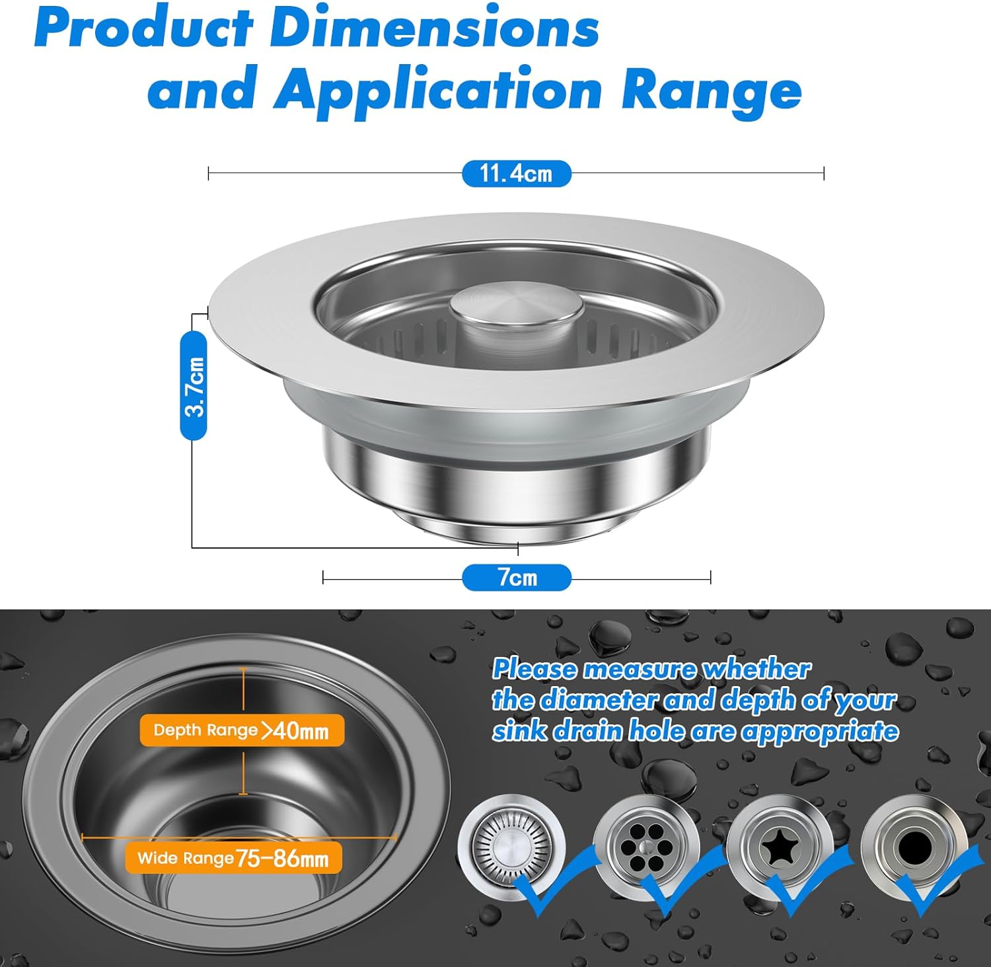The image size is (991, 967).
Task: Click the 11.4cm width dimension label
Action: point(516,173)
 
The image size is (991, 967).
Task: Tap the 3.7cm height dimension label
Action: point(194,385)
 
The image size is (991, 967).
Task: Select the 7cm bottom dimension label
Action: point(516,577)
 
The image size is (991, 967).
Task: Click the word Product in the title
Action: point(144,28)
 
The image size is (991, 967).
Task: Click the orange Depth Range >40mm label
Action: point(242,730)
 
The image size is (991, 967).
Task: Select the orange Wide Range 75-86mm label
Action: point(234,858)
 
